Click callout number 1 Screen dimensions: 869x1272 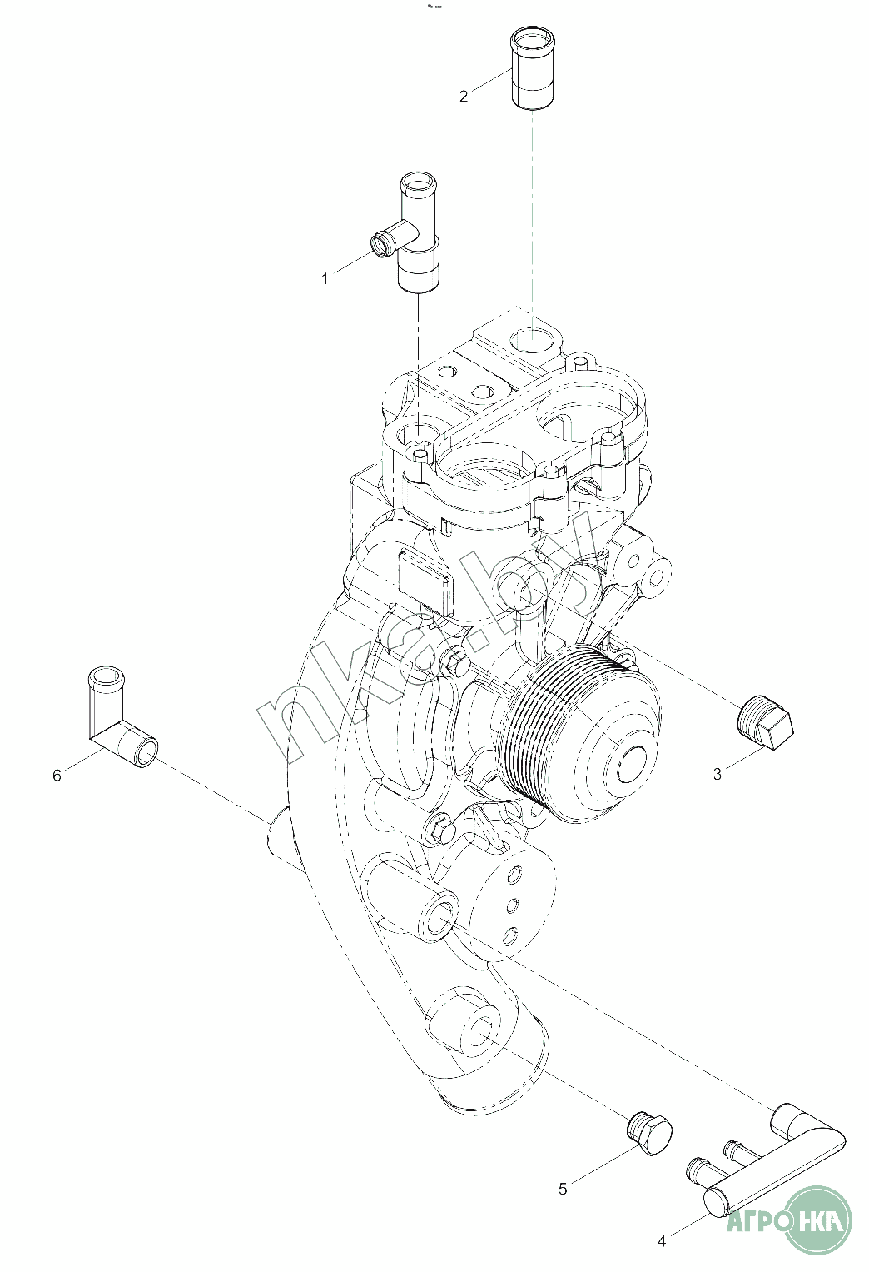(x=325, y=279)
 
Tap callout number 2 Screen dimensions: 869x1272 (x=464, y=97)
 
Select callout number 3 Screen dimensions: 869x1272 (x=718, y=774)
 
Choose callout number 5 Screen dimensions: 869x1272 (x=563, y=1189)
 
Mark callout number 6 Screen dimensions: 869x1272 (x=57, y=776)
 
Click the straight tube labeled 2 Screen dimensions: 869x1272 (x=532, y=68)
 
